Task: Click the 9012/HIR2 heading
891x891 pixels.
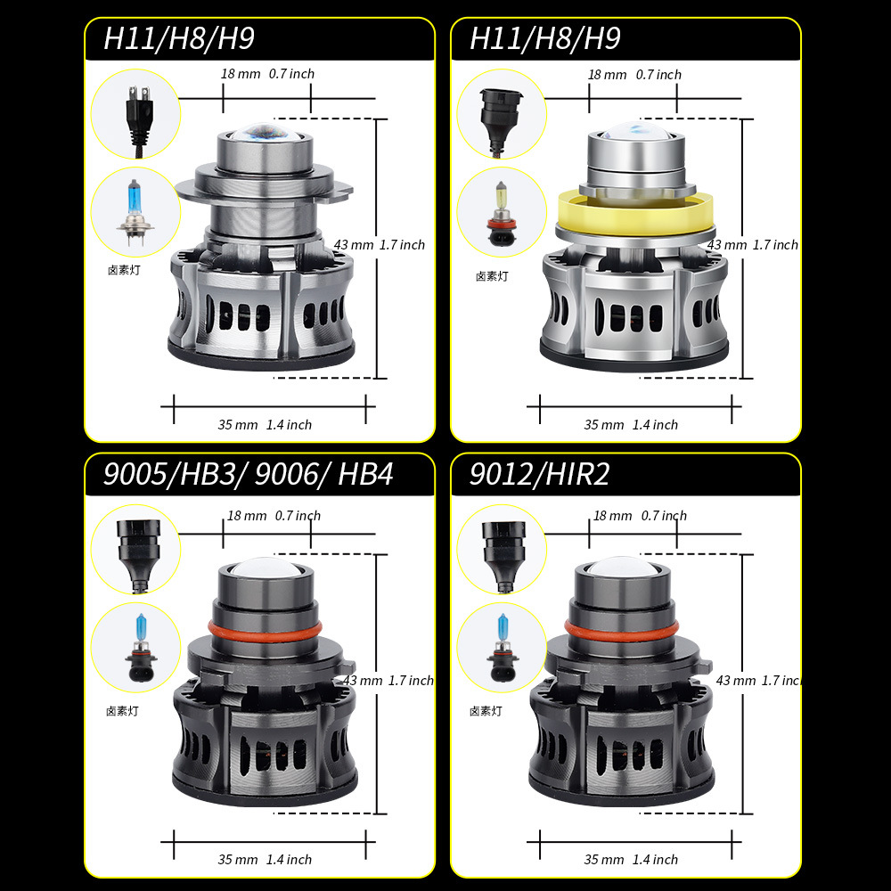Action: click(x=539, y=474)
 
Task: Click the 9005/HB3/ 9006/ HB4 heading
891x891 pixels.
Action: click(x=248, y=474)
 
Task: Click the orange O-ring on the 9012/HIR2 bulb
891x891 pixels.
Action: click(x=621, y=631)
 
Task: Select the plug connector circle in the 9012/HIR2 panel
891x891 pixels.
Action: click(x=501, y=550)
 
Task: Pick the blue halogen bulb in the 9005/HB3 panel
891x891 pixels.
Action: click(x=135, y=647)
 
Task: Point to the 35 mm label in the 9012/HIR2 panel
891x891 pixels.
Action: click(x=603, y=860)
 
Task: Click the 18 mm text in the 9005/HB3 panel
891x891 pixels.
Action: click(x=247, y=516)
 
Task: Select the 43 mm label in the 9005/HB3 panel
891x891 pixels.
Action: click(x=363, y=681)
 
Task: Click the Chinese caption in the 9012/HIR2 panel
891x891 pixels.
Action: click(x=486, y=711)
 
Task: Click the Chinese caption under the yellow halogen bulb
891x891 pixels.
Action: click(x=491, y=277)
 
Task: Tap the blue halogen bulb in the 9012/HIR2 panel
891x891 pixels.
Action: click(x=501, y=647)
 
